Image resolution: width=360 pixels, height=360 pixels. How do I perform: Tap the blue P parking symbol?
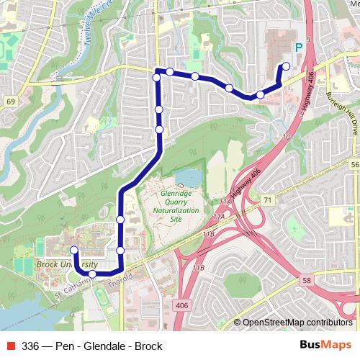pyautogui.click(x=297, y=48)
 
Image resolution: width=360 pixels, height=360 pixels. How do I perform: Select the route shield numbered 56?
pyautogui.click(x=354, y=166)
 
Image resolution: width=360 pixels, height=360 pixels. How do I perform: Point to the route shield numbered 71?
pyautogui.click(x=268, y=199)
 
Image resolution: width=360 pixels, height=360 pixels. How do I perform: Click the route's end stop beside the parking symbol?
pyautogui.click(x=286, y=66)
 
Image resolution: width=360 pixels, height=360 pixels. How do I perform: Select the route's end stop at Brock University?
pyautogui.click(x=73, y=250)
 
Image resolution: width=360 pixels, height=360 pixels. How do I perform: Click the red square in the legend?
pyautogui.click(x=9, y=346)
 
